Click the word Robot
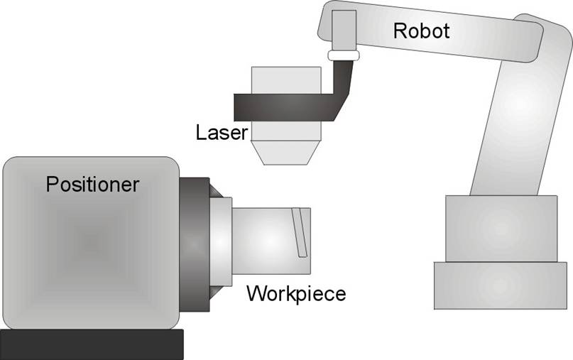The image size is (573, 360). pos(422,31)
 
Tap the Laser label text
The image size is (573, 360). pos(222,132)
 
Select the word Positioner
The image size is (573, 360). pos(92,185)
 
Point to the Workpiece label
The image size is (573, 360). pos(296,293)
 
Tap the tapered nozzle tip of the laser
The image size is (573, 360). pos(285,153)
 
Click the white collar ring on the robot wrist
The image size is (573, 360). pos(344,55)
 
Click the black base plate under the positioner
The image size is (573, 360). pos(92,344)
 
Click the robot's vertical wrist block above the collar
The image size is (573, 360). pos(344,28)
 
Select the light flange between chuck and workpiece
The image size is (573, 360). pos(221,241)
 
